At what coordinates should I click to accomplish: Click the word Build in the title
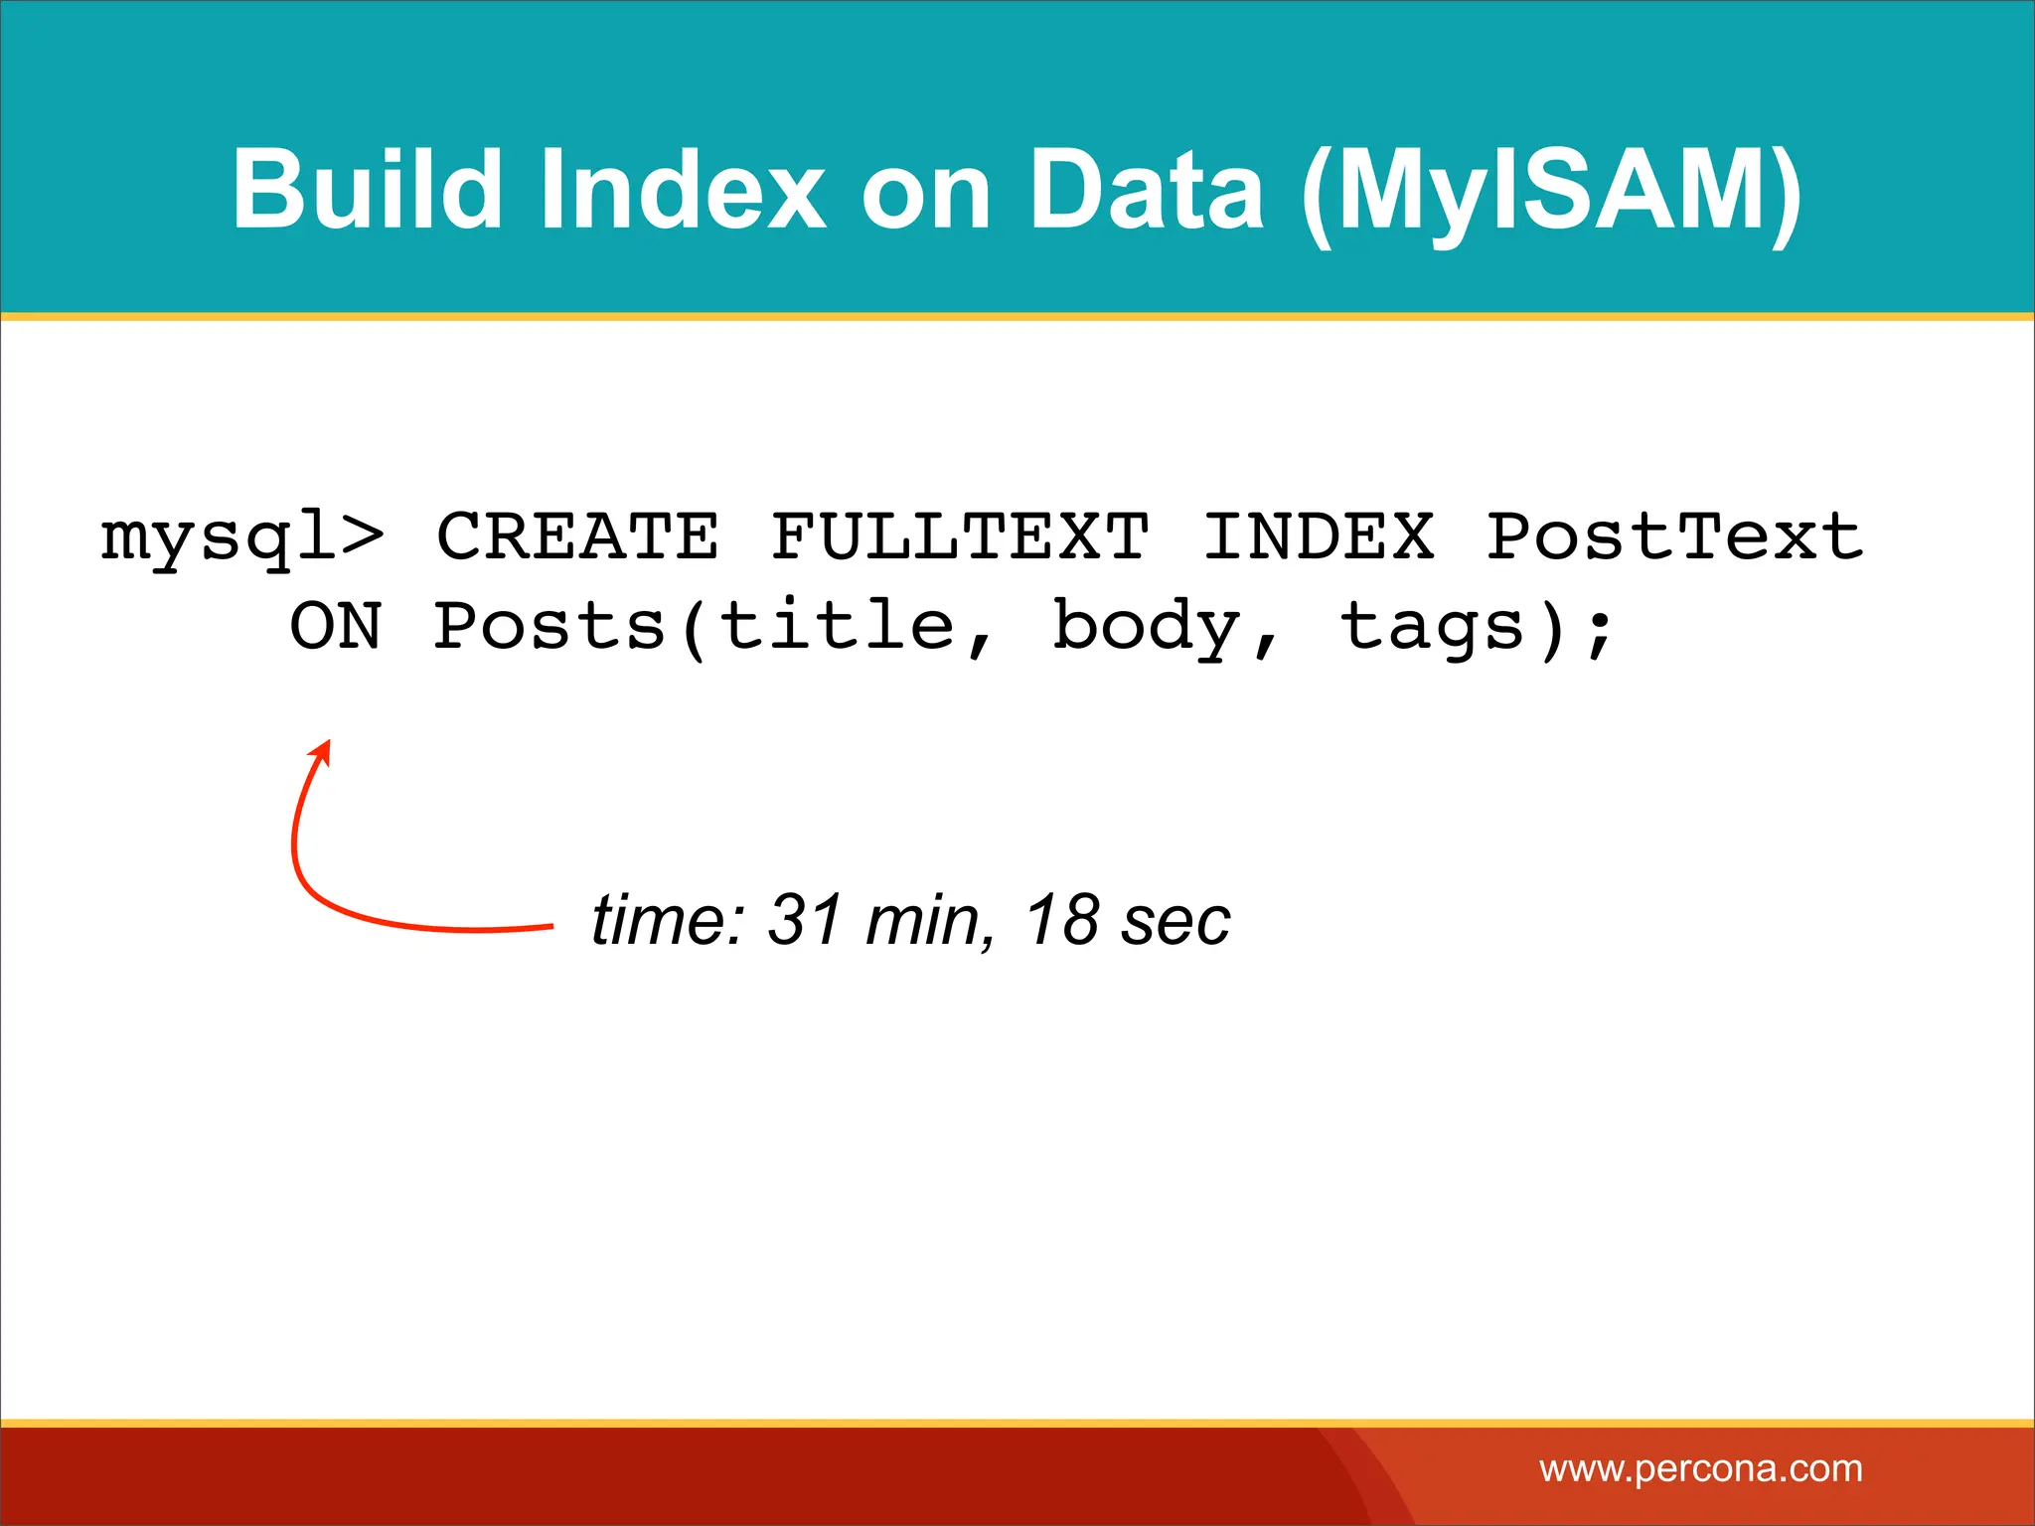(x=367, y=189)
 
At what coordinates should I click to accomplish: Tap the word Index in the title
(x=681, y=189)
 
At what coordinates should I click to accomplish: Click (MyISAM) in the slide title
(x=1551, y=194)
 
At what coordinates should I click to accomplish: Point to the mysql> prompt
(x=241, y=538)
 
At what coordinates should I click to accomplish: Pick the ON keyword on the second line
(x=336, y=627)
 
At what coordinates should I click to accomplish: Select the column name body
(x=1148, y=629)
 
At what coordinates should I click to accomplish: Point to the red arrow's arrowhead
(x=321, y=752)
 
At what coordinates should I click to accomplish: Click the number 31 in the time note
(x=806, y=919)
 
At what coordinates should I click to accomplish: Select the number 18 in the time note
(x=1062, y=919)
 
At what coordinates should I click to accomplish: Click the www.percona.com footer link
(x=1700, y=1468)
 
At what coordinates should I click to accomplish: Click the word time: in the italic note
(x=668, y=919)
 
